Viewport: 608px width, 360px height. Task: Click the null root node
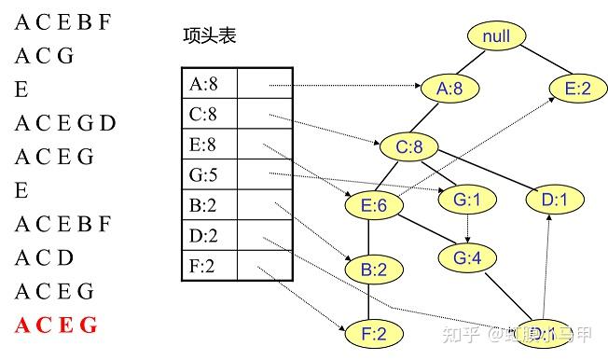(497, 36)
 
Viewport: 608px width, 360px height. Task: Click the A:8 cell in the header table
(209, 84)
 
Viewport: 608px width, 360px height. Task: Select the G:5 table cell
(209, 174)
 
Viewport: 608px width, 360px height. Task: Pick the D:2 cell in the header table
(209, 235)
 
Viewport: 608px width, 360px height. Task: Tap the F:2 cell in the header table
(209, 266)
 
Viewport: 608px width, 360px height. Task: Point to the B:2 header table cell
(209, 205)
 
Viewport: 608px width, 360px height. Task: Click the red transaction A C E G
(56, 325)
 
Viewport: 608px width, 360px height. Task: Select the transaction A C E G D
(65, 123)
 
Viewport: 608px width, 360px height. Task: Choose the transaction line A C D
(44, 257)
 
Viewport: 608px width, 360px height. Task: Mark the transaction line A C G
(44, 56)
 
